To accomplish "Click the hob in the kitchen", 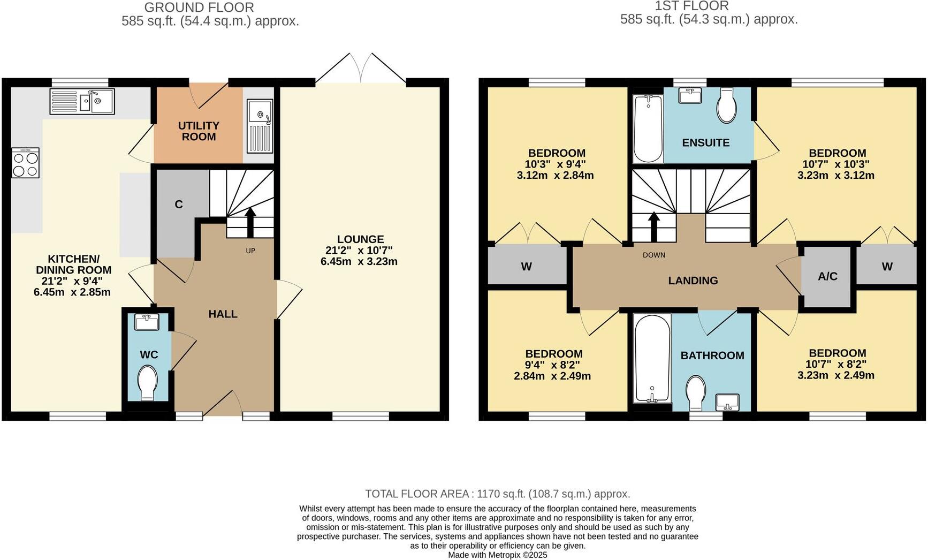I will (25, 163).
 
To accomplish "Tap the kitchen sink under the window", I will (82, 101).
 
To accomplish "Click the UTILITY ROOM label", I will (199, 131).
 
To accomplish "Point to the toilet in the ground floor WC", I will (147, 382).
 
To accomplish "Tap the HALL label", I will (223, 314).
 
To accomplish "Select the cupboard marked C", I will (179, 205).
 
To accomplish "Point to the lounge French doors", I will (361, 69).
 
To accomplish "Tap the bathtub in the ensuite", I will (648, 128).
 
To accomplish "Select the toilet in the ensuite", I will (727, 106).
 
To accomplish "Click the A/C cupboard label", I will (827, 276).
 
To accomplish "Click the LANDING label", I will (693, 281).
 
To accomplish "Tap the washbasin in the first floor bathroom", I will (727, 402).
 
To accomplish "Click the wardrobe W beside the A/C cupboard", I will (887, 267).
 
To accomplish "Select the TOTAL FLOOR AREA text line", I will (497, 494).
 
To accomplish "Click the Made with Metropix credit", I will (497, 555).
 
